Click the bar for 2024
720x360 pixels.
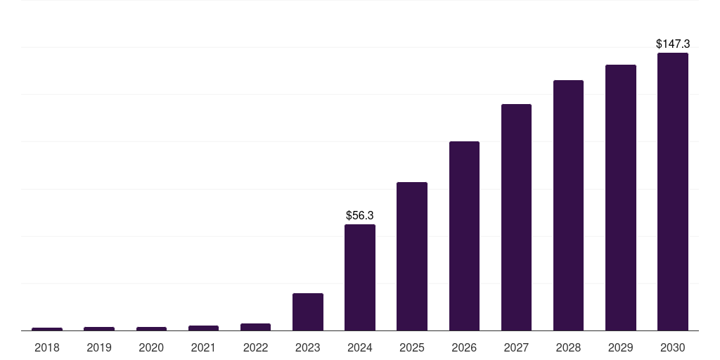click(x=360, y=278)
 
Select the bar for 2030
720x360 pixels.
click(x=673, y=192)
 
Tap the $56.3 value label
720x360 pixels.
click(x=360, y=215)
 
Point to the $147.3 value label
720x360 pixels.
click(x=673, y=44)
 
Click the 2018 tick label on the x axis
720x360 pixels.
click(x=47, y=347)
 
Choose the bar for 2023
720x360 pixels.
click(x=308, y=312)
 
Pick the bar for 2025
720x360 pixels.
click(x=412, y=257)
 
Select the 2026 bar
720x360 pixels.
click(x=464, y=236)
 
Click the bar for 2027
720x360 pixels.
click(x=516, y=217)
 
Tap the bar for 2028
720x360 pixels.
click(x=568, y=205)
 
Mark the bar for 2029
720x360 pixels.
click(x=621, y=198)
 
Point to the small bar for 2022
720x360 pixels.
click(x=255, y=327)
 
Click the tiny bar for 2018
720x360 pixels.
click(x=47, y=329)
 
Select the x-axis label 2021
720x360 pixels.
click(x=203, y=347)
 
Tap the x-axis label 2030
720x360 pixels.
click(x=673, y=347)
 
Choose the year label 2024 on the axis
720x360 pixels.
click(x=360, y=347)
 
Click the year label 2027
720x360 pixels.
click(x=516, y=347)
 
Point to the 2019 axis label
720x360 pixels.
click(x=99, y=347)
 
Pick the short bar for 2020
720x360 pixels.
click(x=151, y=328)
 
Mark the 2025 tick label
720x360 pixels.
click(x=412, y=347)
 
